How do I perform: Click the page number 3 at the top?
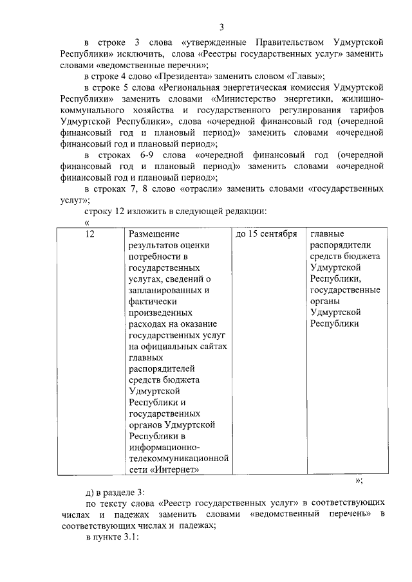click(221, 26)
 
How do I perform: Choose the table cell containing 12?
click(90, 234)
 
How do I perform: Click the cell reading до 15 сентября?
click(266, 234)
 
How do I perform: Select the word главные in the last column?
click(327, 234)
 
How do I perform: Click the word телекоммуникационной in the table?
click(179, 459)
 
